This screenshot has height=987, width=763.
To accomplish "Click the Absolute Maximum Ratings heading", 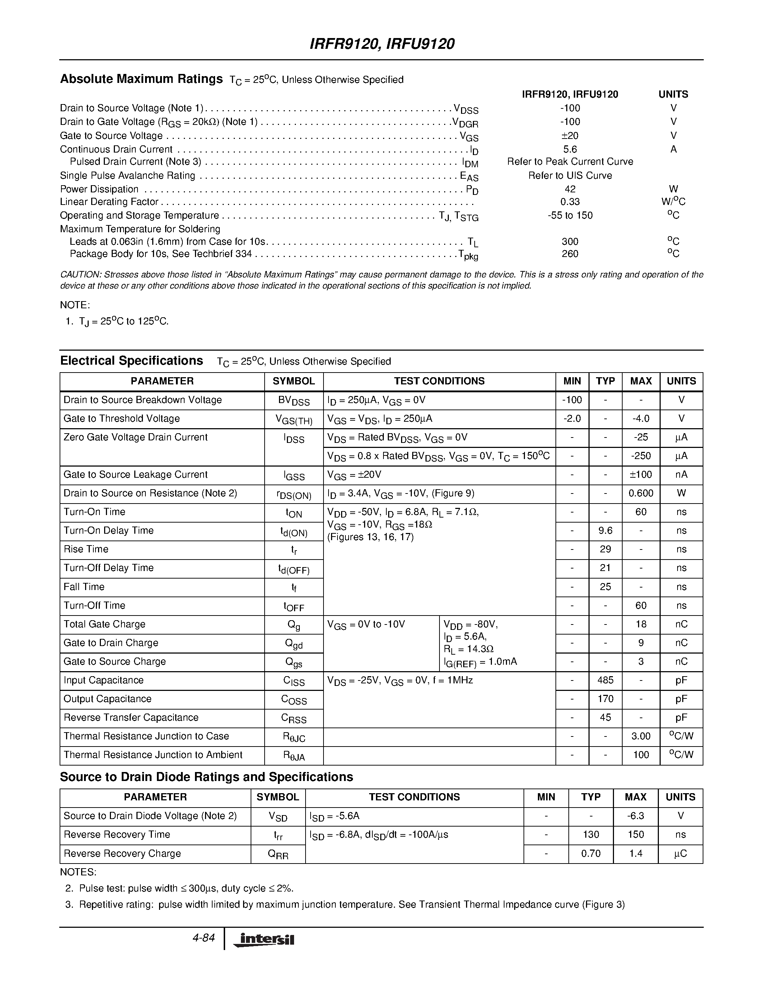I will point(141,79).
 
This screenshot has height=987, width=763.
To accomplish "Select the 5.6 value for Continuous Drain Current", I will point(570,149).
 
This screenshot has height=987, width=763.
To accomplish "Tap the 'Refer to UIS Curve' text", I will point(570,176).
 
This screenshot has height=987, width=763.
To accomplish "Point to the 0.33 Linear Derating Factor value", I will point(570,202).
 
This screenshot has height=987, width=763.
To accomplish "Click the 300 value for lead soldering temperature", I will point(570,242).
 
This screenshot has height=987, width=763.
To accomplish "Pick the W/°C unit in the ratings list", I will point(673,202).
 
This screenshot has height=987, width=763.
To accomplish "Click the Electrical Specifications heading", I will point(131,361).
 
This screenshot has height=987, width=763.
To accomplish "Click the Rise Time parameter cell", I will point(86,549).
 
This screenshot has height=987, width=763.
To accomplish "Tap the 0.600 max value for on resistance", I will point(641,493).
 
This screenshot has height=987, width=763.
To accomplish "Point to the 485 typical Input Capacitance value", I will point(605,680).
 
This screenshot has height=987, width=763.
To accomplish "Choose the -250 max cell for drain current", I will point(641,456).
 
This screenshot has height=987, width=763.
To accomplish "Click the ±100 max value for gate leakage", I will point(641,474).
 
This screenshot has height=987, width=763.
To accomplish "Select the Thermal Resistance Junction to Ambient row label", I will point(153,755).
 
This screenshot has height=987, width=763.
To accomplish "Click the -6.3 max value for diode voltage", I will point(635,816).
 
